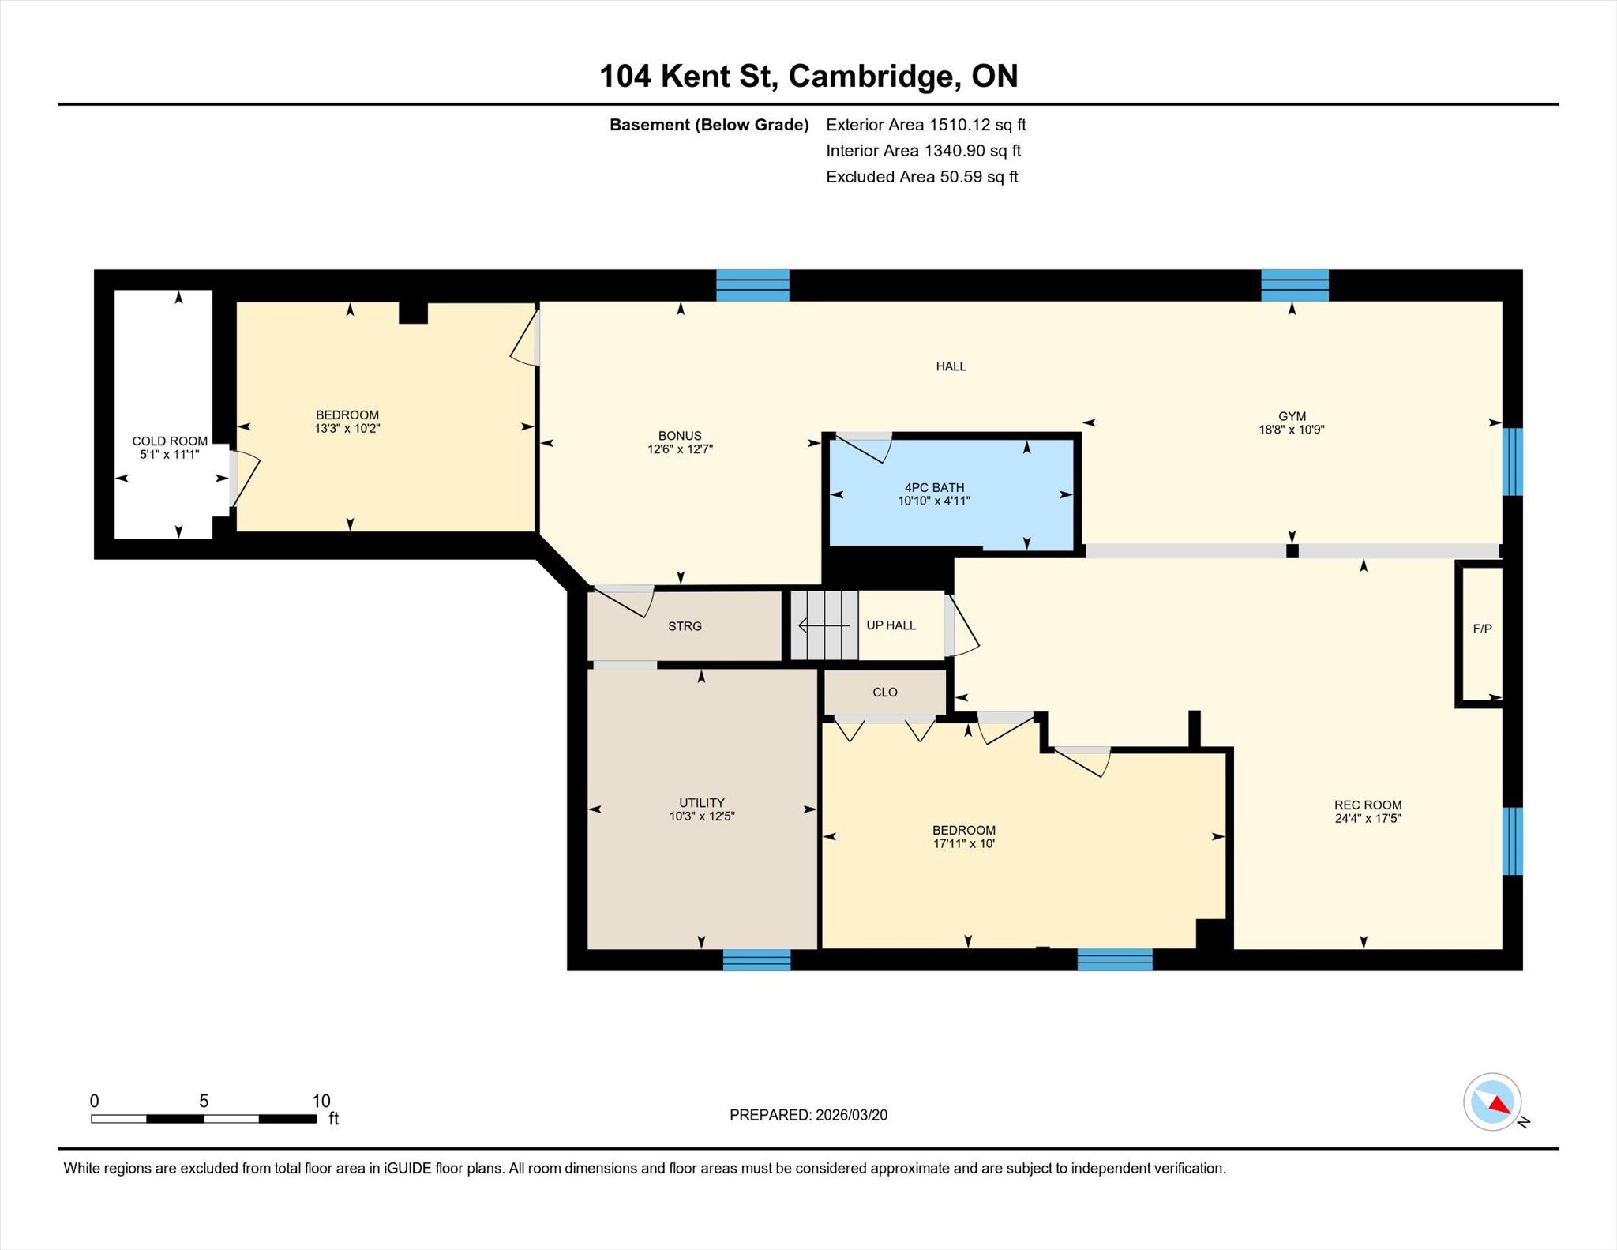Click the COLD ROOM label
[x=170, y=441]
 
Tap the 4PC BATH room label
[x=934, y=488]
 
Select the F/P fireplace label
[x=1482, y=629]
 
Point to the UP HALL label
[x=891, y=625]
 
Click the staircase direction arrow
[x=824, y=626]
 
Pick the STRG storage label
[x=685, y=626]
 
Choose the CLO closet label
[x=885, y=693]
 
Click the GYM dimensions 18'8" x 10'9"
[x=1292, y=430]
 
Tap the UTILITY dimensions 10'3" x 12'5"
[x=702, y=816]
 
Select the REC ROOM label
[x=1368, y=805]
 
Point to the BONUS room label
[x=680, y=436]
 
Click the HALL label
[x=951, y=366]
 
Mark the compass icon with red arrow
[x=1492, y=1102]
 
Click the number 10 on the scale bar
[x=321, y=1101]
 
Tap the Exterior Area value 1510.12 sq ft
[x=977, y=125]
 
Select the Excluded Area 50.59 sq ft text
[x=922, y=177]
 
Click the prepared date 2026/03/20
[x=852, y=1115]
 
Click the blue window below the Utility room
[x=756, y=959]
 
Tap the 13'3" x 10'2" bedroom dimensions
[x=347, y=429]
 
